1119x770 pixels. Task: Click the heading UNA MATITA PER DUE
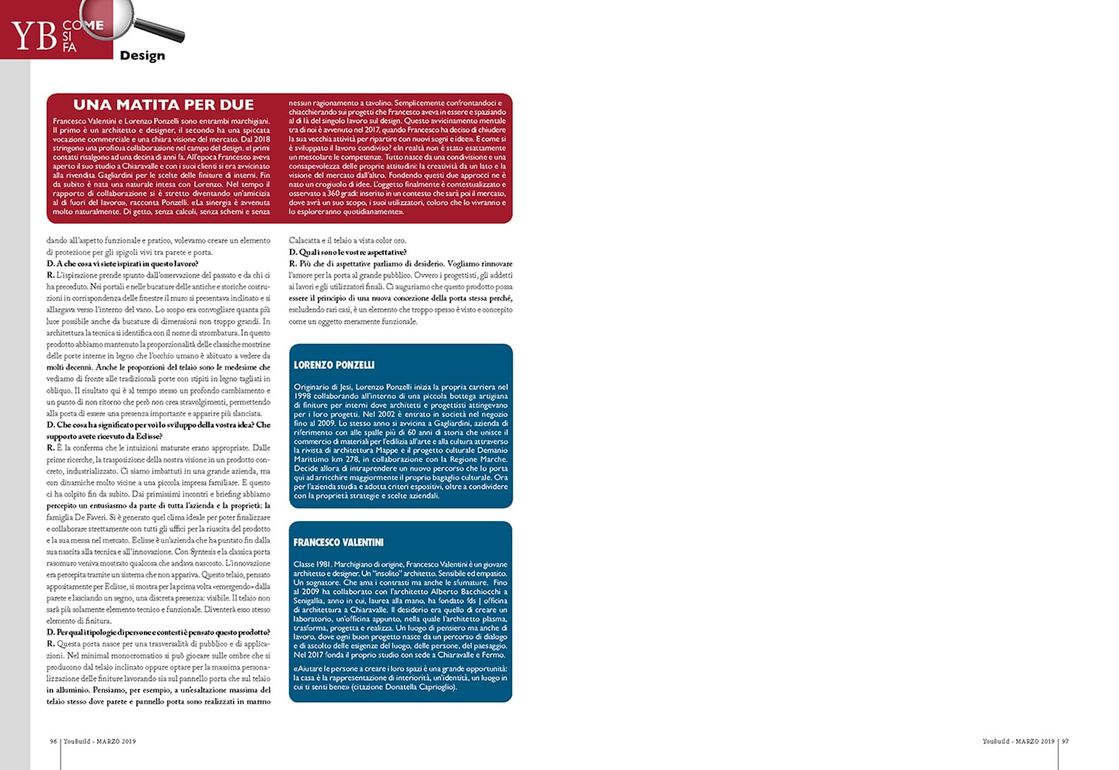tap(163, 105)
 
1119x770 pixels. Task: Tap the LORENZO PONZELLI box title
tap(334, 365)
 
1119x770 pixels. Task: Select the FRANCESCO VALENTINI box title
tap(338, 542)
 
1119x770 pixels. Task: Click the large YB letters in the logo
tap(34, 35)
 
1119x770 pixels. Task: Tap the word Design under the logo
tap(142, 55)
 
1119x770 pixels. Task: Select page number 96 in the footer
tap(54, 741)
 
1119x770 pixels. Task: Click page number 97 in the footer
tap(1065, 741)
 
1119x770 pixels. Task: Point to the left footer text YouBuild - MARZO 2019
tap(99, 741)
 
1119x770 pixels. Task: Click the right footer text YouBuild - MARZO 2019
tap(1018, 741)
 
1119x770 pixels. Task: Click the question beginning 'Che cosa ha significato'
tap(159, 425)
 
